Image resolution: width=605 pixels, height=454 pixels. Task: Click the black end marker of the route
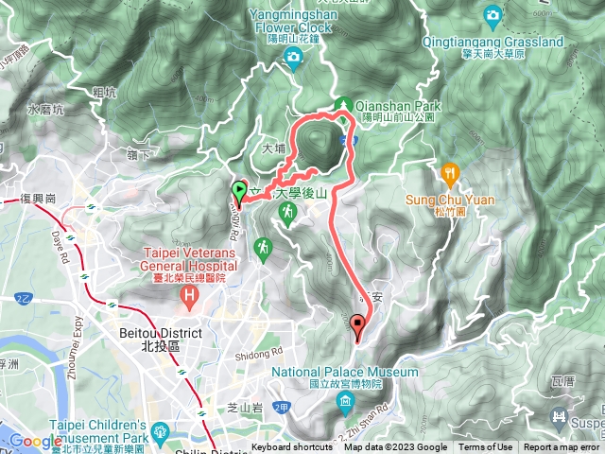click(x=357, y=325)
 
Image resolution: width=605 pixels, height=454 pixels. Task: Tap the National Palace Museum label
click(x=345, y=373)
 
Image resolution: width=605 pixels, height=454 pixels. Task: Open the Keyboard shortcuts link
click(x=291, y=447)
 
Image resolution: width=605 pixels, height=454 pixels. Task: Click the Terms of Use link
click(x=486, y=447)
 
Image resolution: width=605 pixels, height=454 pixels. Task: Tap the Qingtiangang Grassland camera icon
click(x=493, y=16)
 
